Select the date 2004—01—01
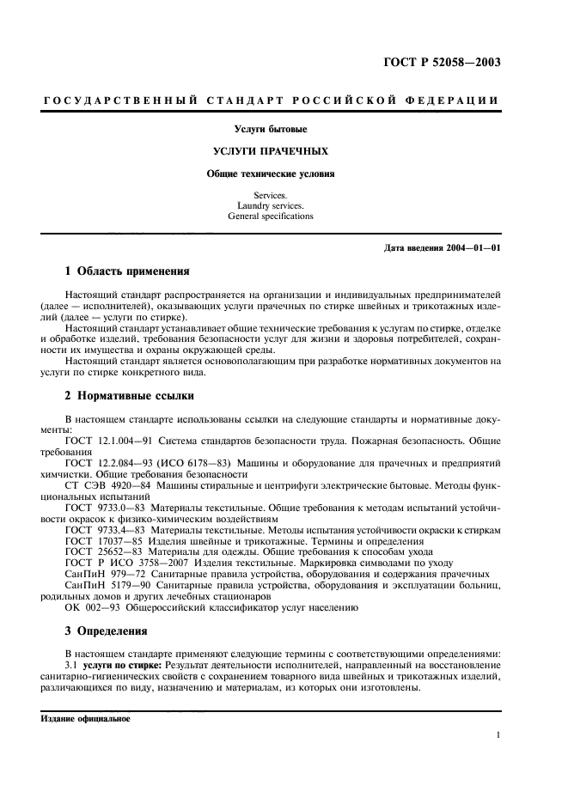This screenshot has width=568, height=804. [472, 249]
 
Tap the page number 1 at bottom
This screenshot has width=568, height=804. [498, 735]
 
